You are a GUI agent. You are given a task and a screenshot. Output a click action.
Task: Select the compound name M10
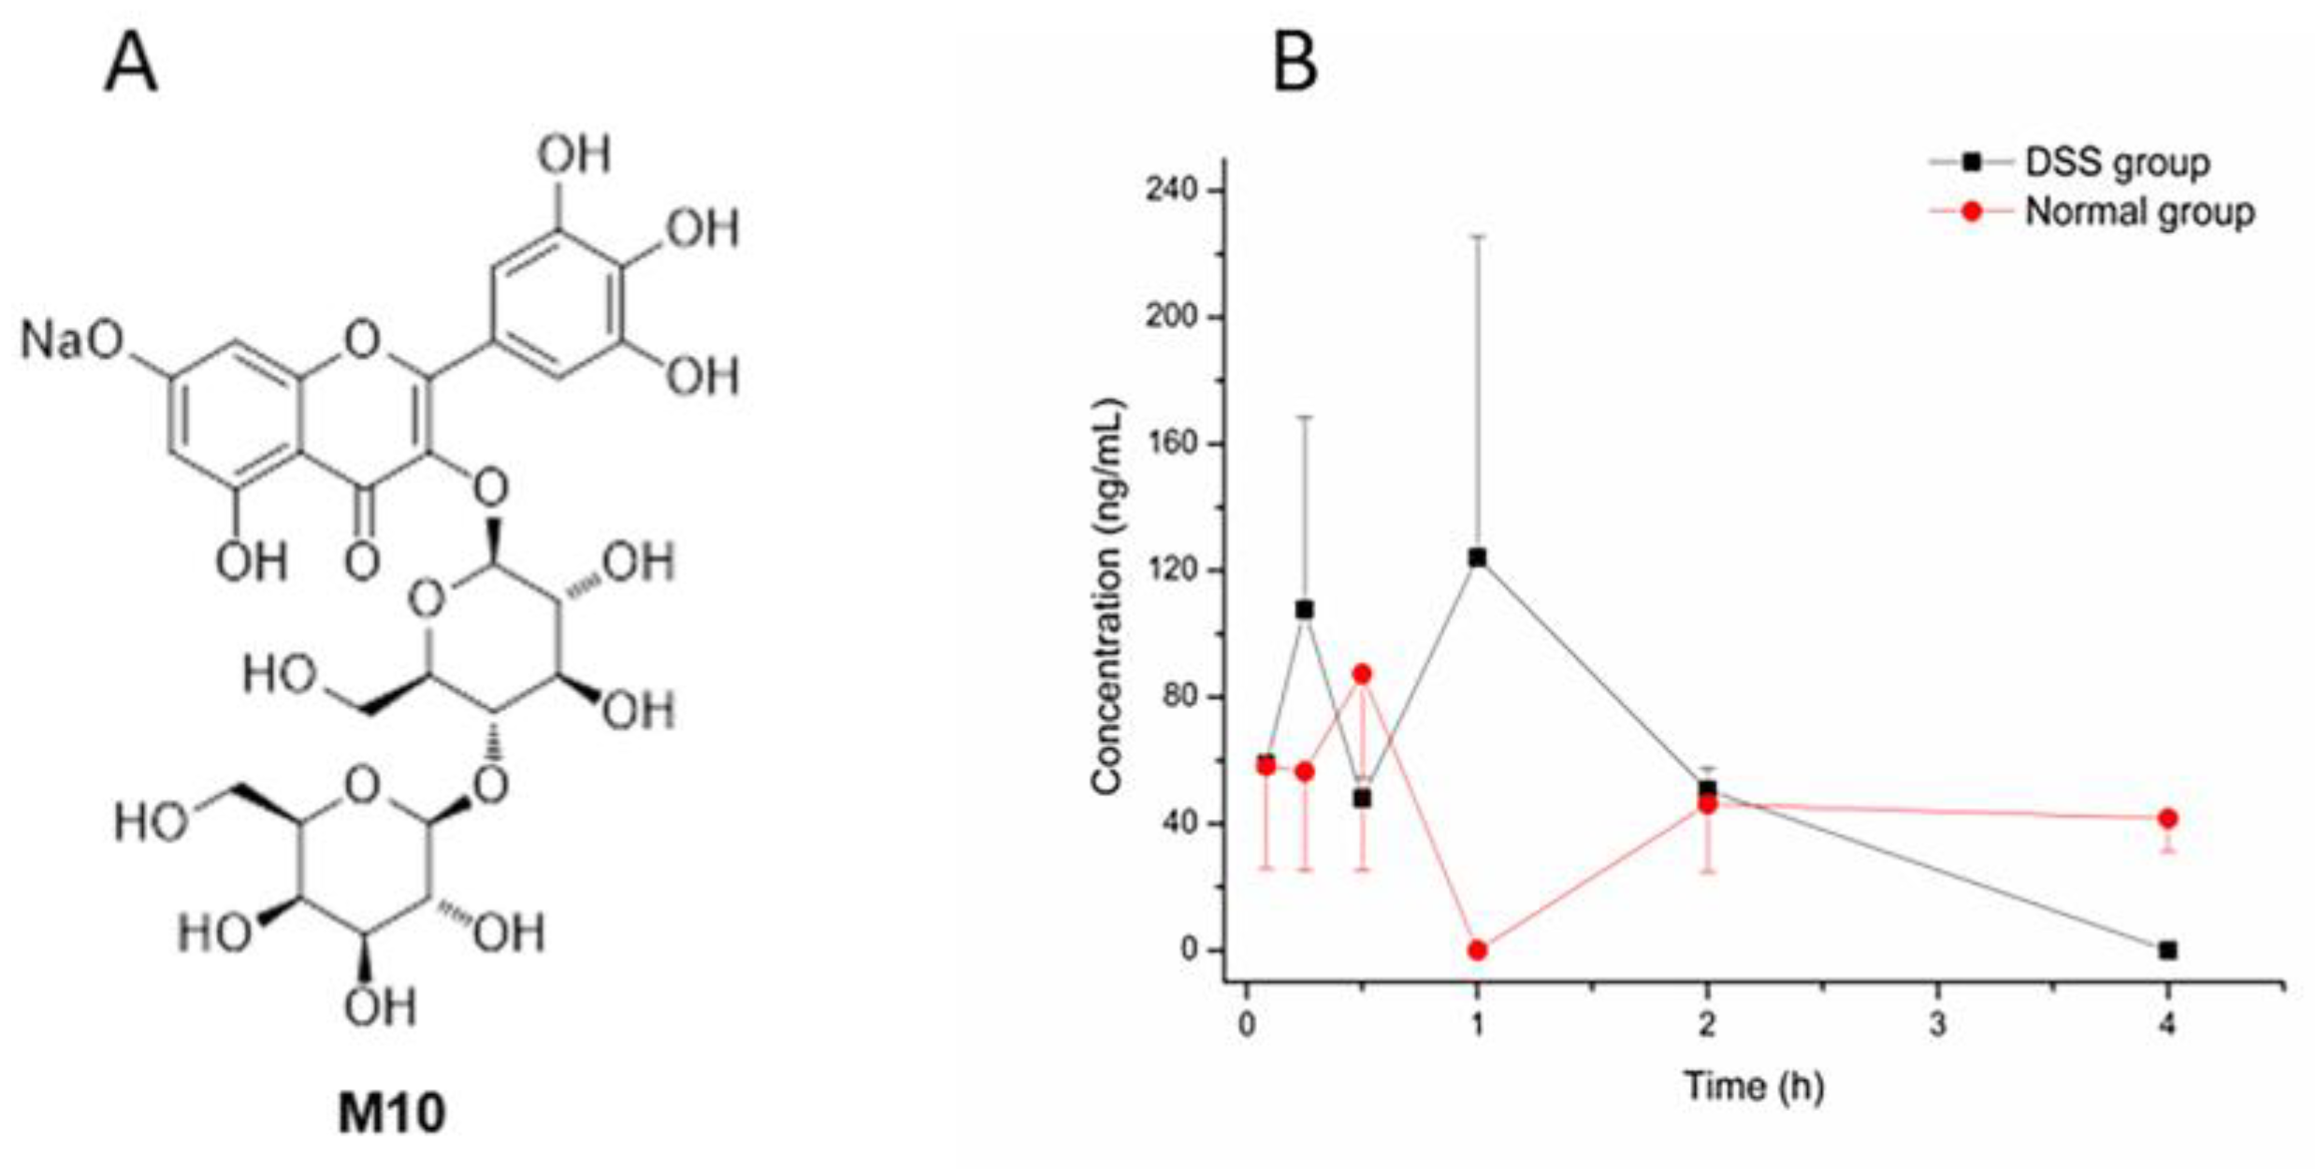click(391, 1113)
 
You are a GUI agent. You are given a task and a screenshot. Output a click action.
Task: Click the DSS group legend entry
click(2116, 163)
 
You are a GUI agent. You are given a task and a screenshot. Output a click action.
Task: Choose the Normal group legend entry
click(2138, 212)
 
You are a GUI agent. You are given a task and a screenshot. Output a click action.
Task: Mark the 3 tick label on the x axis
click(1938, 1025)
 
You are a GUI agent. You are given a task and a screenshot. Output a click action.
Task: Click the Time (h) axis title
click(1754, 1086)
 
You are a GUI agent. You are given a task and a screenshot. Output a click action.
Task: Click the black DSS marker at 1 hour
click(1477, 558)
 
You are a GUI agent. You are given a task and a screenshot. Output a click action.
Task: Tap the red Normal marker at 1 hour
click(1477, 951)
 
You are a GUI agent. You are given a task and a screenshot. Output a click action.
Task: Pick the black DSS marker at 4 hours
click(2168, 950)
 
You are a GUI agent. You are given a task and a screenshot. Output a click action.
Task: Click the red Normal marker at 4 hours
click(2168, 818)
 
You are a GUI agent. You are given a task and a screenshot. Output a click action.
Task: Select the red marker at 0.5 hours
click(1362, 674)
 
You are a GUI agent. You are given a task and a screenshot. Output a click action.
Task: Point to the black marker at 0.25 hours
click(1304, 610)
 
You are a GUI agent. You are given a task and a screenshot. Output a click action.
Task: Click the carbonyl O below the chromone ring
click(362, 561)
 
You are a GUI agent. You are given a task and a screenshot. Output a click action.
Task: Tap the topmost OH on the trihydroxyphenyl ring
click(573, 154)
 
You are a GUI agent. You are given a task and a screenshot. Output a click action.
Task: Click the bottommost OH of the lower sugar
click(380, 1007)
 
